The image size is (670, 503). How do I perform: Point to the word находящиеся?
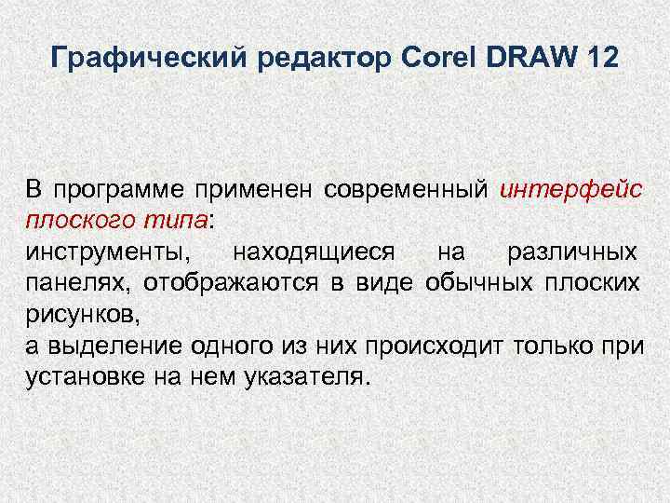pyautogui.click(x=315, y=253)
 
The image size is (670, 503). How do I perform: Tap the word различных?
pyautogui.click(x=572, y=253)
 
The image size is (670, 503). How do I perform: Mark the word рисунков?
pyautogui.click(x=82, y=314)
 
